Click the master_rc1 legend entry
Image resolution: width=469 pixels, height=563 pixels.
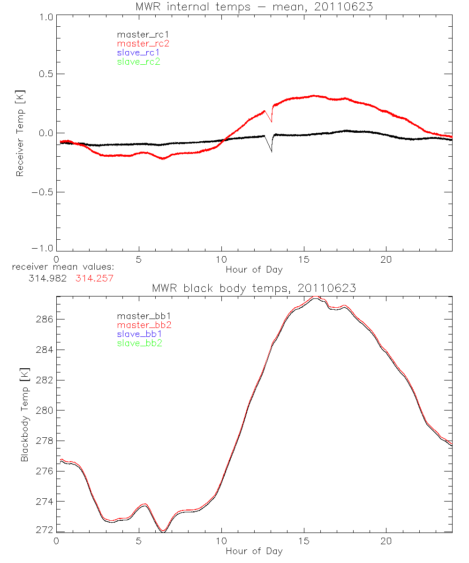[x=138, y=34]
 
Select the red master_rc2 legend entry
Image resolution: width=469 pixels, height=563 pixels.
[x=143, y=43]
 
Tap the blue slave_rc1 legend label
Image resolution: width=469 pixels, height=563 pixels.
[x=138, y=53]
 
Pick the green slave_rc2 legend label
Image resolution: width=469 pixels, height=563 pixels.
[x=138, y=61]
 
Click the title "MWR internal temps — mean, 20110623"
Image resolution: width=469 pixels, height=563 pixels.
[x=254, y=7]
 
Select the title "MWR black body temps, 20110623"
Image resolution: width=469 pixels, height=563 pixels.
[x=254, y=288]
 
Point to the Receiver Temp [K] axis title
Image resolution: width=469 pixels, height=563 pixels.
[x=20, y=133]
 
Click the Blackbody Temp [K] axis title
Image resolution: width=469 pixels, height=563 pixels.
[x=24, y=414]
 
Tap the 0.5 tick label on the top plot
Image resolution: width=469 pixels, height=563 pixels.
[x=45, y=74]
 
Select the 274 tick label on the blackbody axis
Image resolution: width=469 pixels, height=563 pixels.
[x=45, y=501]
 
